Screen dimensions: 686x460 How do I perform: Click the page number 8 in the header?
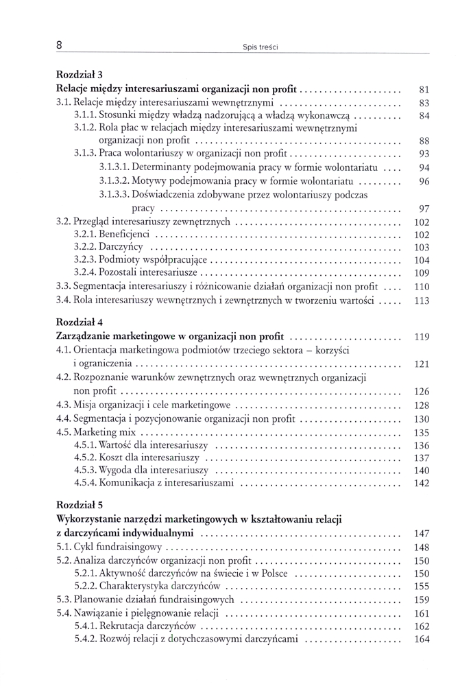(60, 45)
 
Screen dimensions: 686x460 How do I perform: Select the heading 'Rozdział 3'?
(80, 75)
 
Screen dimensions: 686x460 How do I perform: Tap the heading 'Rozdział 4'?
(80, 321)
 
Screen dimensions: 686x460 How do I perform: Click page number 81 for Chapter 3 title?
(423, 89)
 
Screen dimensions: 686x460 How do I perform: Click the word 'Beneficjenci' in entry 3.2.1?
(125, 235)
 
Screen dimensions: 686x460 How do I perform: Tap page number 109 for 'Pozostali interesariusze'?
(421, 273)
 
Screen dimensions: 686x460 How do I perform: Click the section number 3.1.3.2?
(114, 181)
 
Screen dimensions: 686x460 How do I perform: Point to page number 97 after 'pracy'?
(423, 209)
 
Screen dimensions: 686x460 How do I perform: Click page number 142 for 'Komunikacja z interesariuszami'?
(421, 484)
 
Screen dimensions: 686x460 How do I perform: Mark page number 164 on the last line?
(421, 639)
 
